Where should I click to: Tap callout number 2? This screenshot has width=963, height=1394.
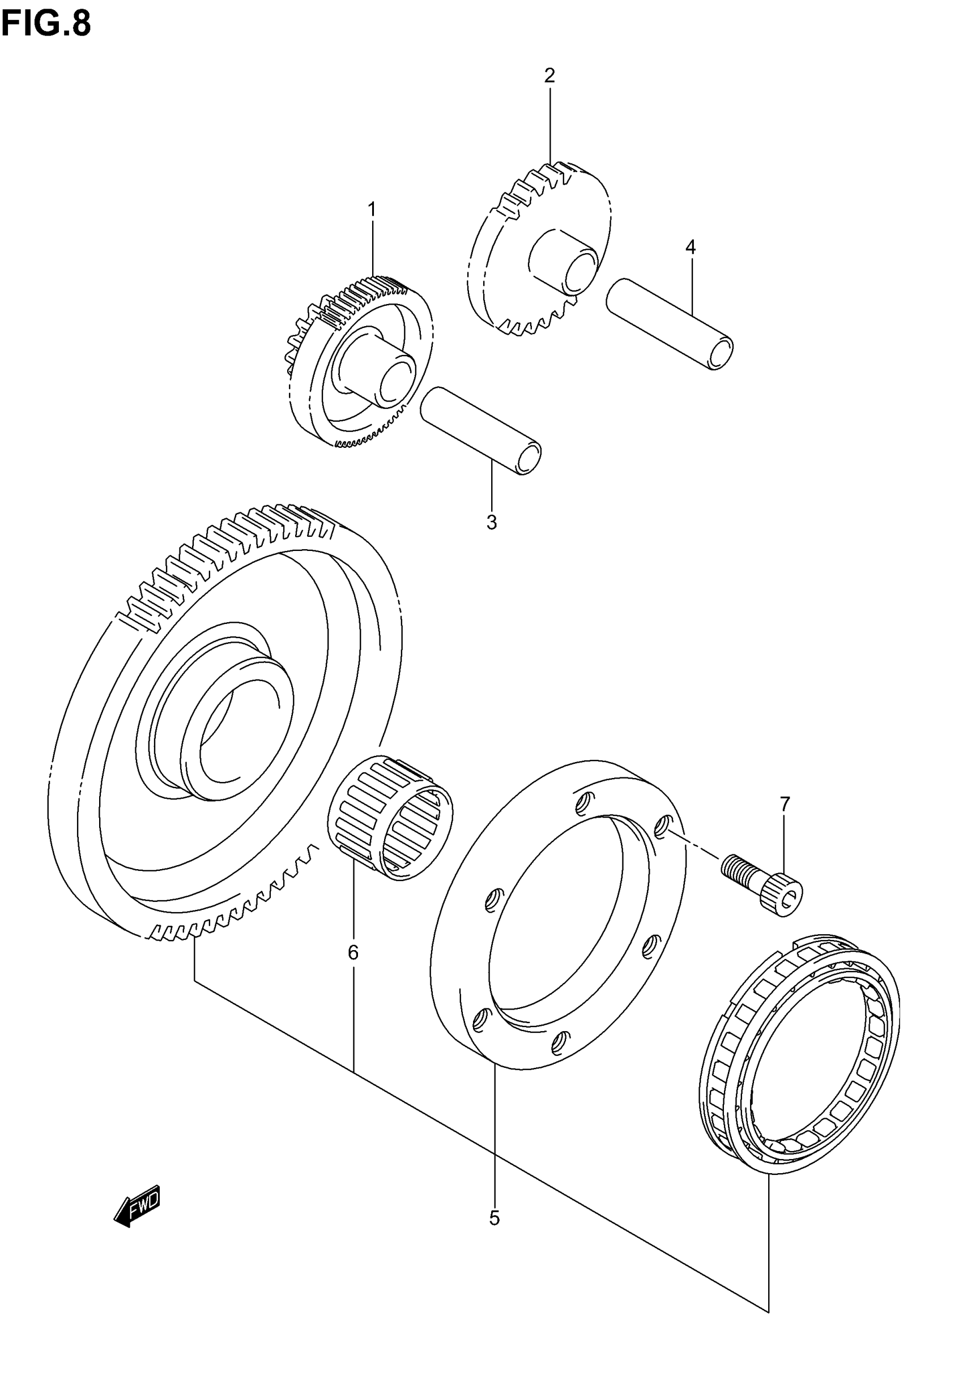(549, 76)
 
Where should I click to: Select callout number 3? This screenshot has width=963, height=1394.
(492, 522)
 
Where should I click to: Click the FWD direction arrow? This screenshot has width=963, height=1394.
(138, 1204)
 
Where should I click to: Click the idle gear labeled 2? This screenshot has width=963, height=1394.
(537, 247)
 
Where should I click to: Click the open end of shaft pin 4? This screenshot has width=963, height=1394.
(721, 353)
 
